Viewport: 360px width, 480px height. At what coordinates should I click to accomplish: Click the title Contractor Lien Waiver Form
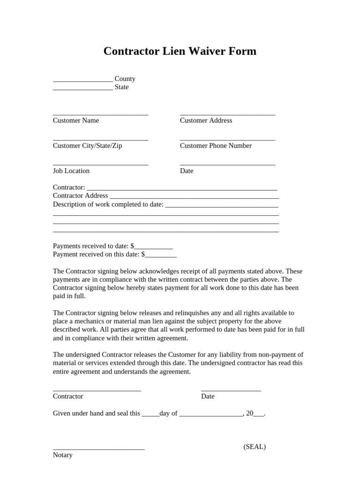click(x=180, y=51)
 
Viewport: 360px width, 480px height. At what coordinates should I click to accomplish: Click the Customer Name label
click(x=76, y=120)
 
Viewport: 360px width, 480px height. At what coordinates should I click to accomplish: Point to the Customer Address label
click(x=206, y=120)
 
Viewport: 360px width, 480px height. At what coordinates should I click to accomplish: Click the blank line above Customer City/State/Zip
click(x=100, y=139)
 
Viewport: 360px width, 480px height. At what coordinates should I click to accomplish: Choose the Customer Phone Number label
click(x=216, y=146)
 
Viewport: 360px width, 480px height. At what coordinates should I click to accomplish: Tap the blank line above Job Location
click(x=100, y=165)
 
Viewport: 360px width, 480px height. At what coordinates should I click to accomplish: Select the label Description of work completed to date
click(x=108, y=204)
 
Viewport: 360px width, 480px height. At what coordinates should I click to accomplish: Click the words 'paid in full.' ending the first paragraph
click(x=69, y=296)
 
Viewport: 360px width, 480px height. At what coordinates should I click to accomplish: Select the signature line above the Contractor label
click(x=97, y=390)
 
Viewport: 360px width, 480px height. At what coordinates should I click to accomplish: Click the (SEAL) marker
click(x=255, y=447)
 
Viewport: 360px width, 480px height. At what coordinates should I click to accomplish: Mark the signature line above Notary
click(x=98, y=449)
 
